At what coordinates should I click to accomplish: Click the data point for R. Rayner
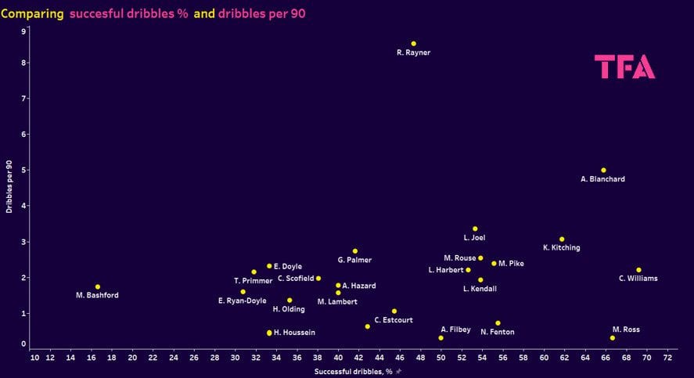click(x=414, y=44)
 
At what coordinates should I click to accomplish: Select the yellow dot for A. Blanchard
click(x=603, y=170)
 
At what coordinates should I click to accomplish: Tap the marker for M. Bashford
click(x=98, y=286)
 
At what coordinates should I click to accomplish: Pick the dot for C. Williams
click(x=638, y=270)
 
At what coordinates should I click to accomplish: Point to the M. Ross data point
click(x=612, y=338)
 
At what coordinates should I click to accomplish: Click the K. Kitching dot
click(x=562, y=239)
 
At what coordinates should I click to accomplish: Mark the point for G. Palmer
click(x=355, y=251)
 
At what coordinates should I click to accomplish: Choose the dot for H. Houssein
click(x=269, y=333)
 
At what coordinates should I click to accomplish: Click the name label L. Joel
click(x=474, y=238)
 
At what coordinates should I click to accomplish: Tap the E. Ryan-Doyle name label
click(x=242, y=301)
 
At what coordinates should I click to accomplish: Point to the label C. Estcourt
click(x=394, y=320)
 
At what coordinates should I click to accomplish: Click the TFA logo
click(x=624, y=67)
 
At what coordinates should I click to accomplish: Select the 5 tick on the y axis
click(x=24, y=170)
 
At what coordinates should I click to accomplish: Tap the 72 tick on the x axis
click(x=667, y=358)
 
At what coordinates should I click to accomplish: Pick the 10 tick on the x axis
click(x=34, y=358)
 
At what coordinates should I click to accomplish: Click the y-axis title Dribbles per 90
click(x=9, y=188)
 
